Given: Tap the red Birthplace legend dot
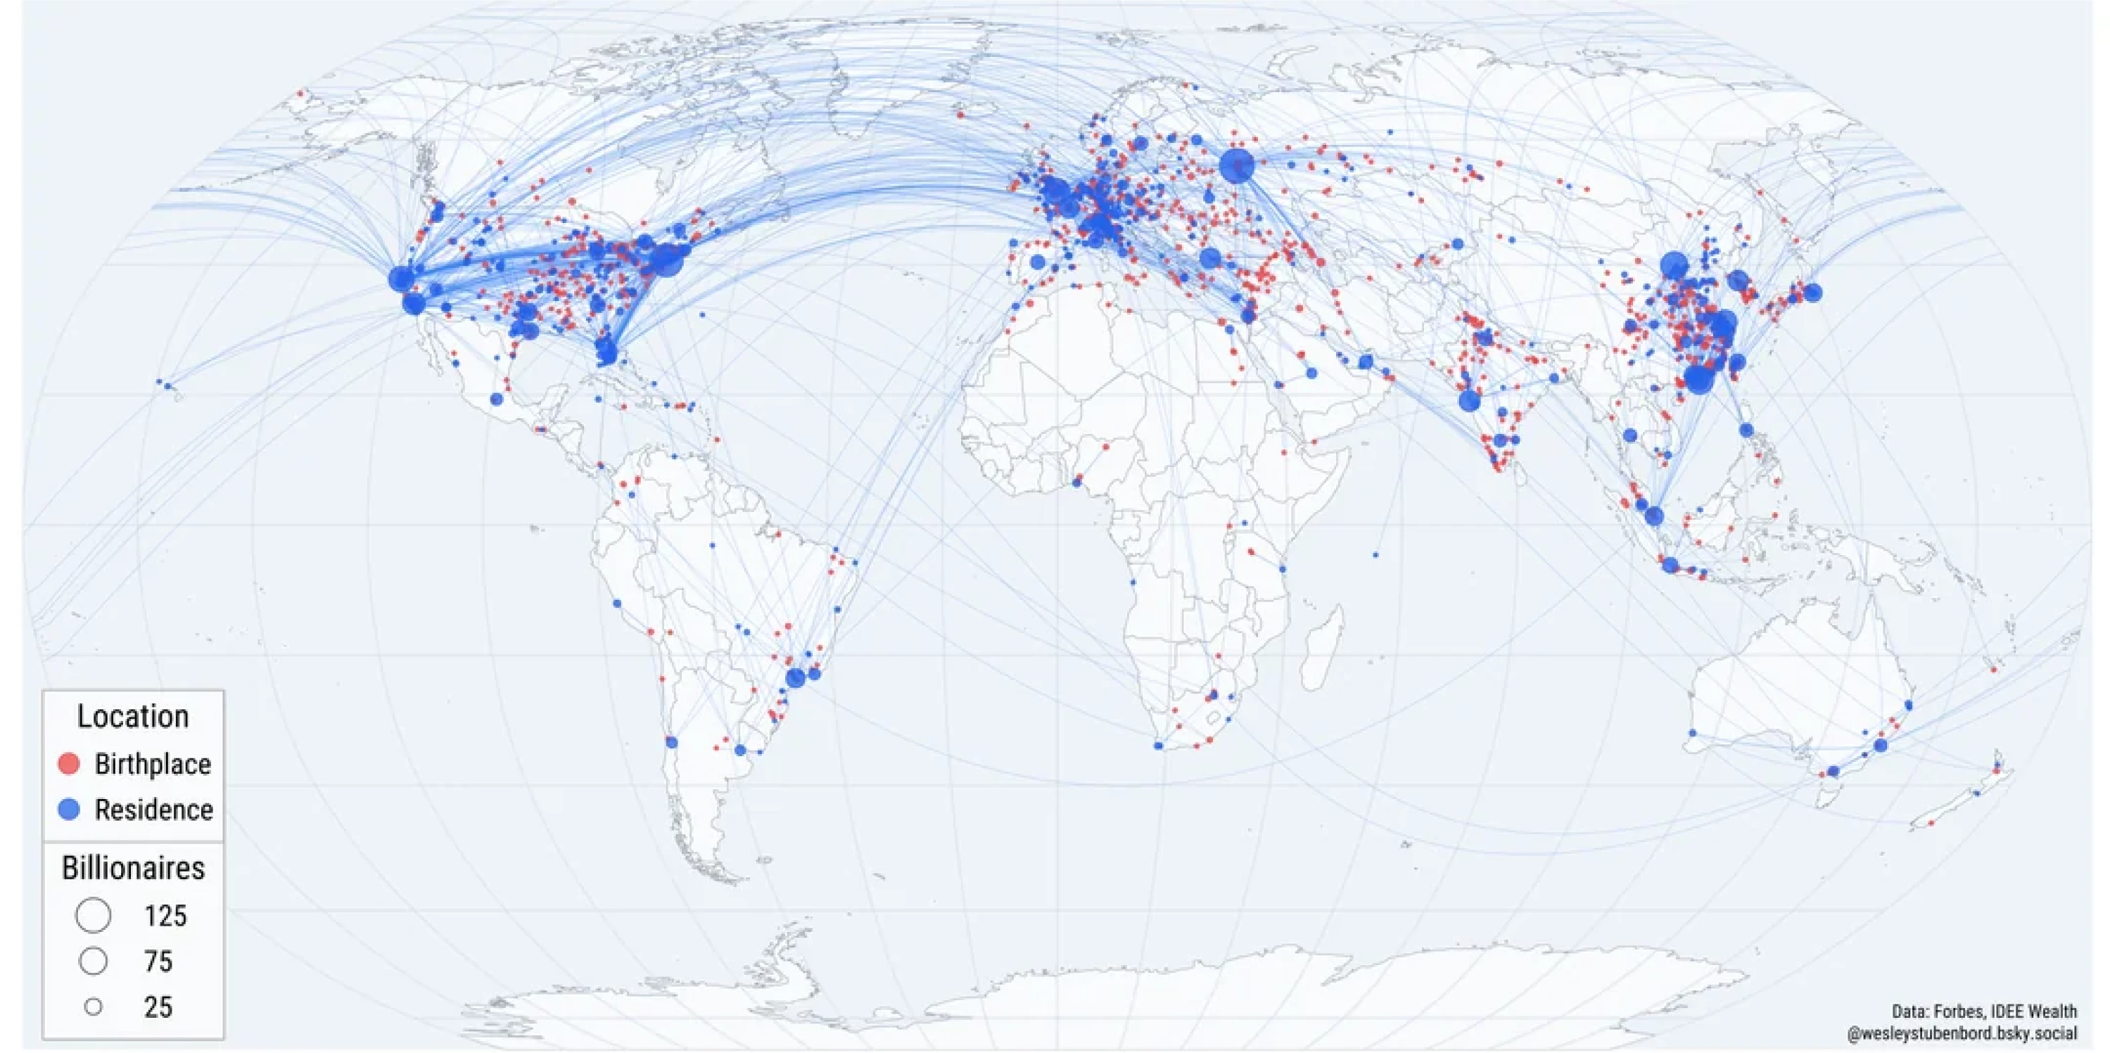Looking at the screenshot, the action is pyautogui.click(x=69, y=764).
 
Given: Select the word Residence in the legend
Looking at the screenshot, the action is pyautogui.click(x=154, y=810).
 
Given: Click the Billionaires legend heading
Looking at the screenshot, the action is pyautogui.click(x=133, y=868).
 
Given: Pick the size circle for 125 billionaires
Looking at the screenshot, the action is pyautogui.click(x=94, y=915).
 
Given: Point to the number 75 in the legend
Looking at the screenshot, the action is pyautogui.click(x=158, y=962).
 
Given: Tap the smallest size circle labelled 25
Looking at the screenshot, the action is pyautogui.click(x=94, y=1007).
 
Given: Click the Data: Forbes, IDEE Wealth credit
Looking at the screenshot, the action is pyautogui.click(x=1984, y=1012).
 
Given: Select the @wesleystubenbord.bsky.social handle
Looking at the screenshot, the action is pyautogui.click(x=1962, y=1034).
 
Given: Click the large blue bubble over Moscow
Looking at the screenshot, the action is pyautogui.click(x=1236, y=165).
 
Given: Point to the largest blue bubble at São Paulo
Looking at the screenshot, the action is pyautogui.click(x=795, y=678).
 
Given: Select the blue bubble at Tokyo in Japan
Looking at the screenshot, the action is pyautogui.click(x=1812, y=293).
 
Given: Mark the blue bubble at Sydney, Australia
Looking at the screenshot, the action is pyautogui.click(x=1881, y=746).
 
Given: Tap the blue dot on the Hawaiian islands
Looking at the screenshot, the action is pyautogui.click(x=168, y=385).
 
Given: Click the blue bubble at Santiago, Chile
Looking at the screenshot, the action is pyautogui.click(x=672, y=743).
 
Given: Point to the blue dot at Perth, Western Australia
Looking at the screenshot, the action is pyautogui.click(x=1692, y=733).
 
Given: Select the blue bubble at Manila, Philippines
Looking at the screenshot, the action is pyautogui.click(x=1746, y=430).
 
